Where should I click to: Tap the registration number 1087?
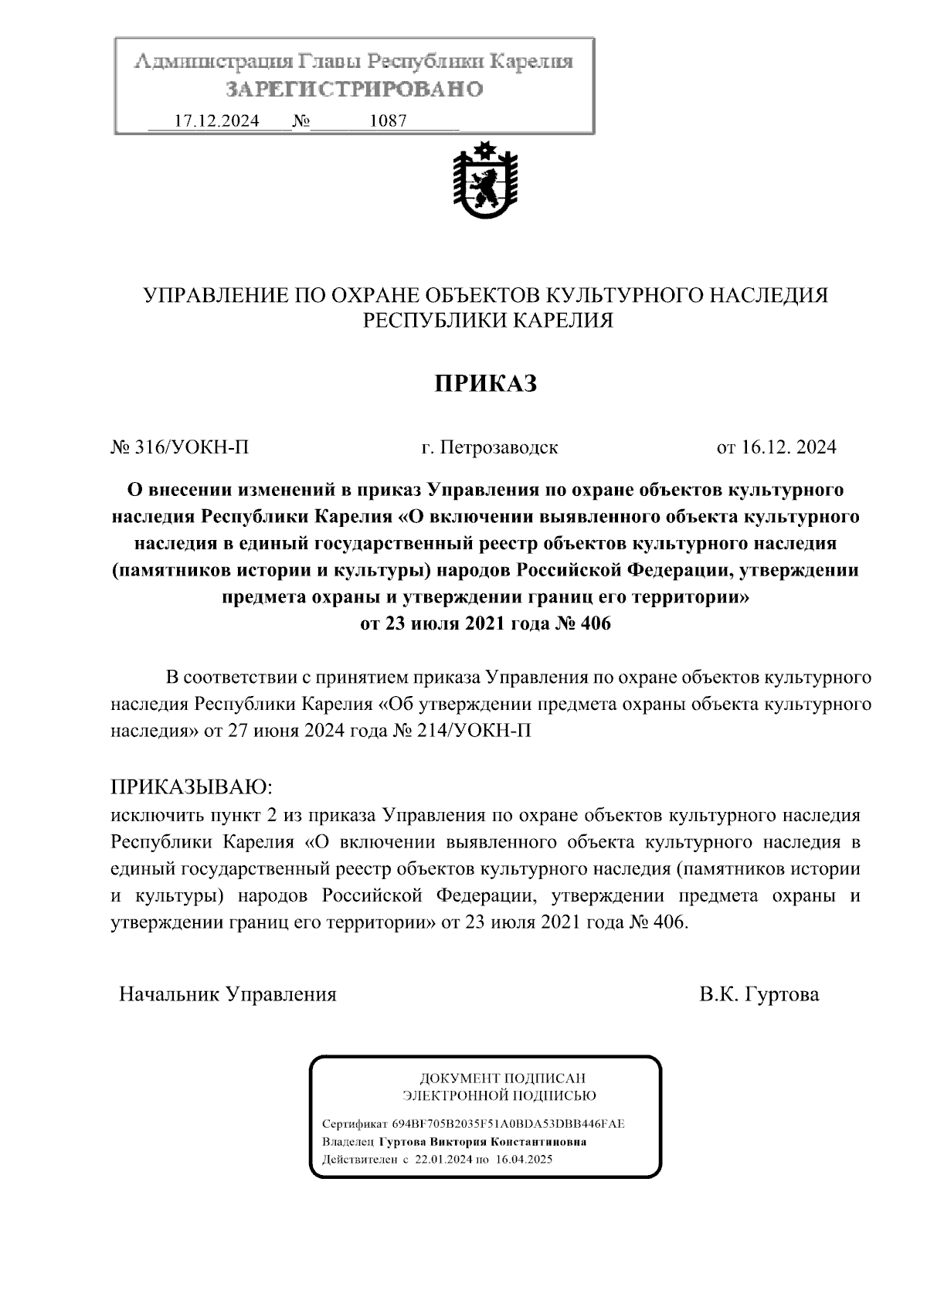(x=388, y=121)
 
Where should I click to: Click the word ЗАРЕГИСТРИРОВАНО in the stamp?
(x=355, y=90)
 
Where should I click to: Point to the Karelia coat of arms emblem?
(x=484, y=183)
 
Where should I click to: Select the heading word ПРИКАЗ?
(x=484, y=383)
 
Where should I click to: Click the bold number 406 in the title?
(x=593, y=623)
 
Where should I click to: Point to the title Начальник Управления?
(x=228, y=994)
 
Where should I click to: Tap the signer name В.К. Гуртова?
(x=759, y=994)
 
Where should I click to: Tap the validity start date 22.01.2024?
(x=443, y=1160)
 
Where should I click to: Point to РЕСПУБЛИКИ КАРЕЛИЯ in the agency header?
(x=488, y=321)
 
